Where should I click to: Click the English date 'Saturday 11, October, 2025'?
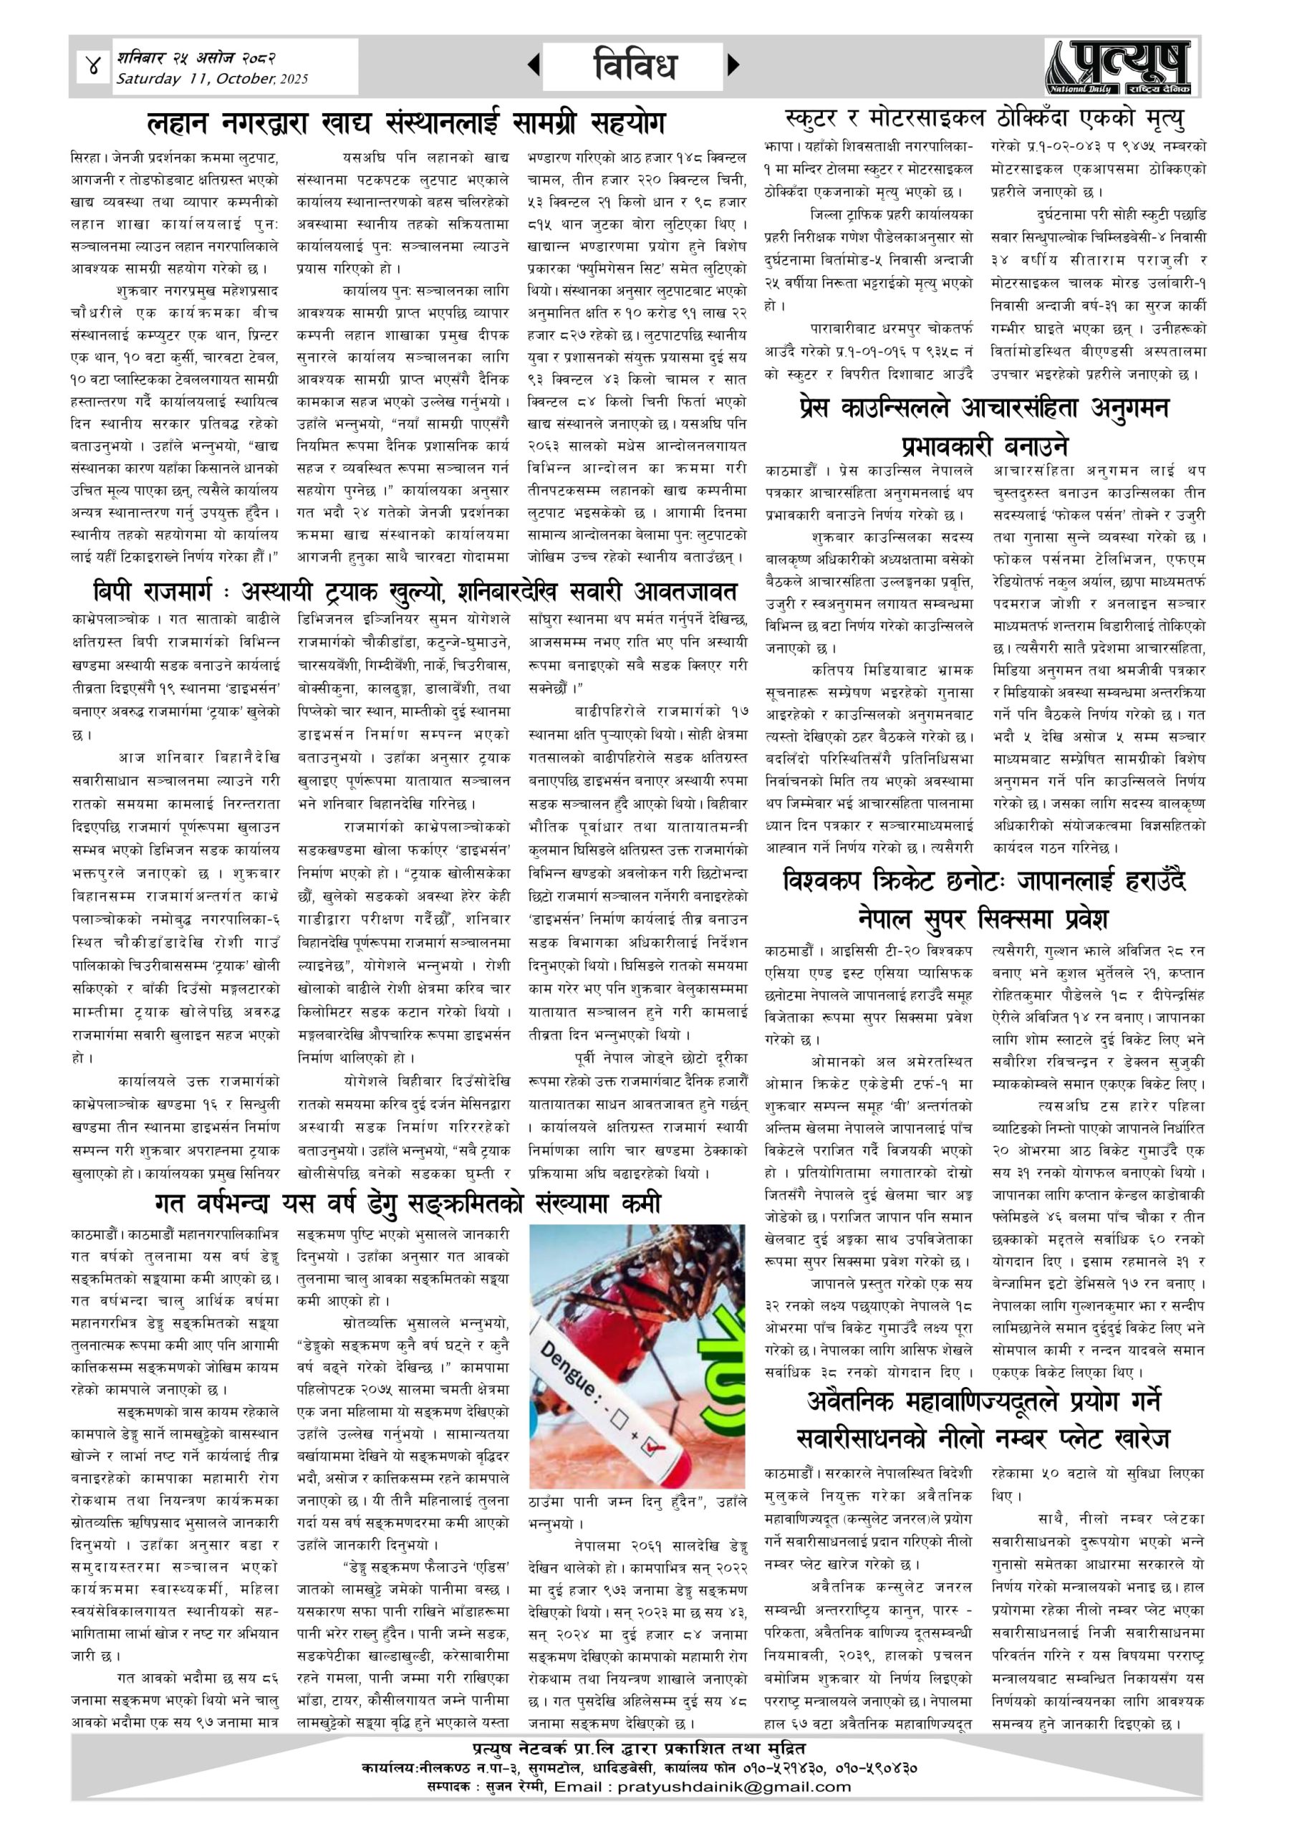coord(212,79)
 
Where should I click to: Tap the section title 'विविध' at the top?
coord(635,65)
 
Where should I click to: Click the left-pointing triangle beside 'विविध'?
coord(534,65)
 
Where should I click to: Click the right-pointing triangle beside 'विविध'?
coord(734,65)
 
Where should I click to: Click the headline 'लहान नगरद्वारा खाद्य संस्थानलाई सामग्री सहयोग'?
coord(405,124)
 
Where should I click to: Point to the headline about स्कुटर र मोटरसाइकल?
coord(984,119)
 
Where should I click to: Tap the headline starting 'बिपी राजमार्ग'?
coord(415,592)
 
